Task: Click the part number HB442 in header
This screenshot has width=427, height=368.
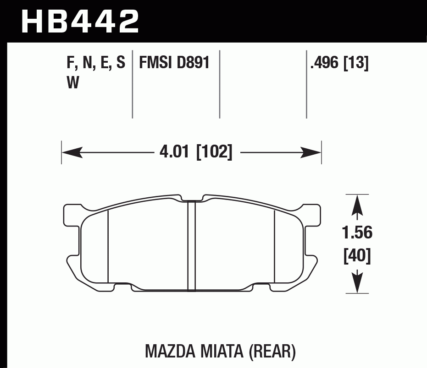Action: tap(80, 21)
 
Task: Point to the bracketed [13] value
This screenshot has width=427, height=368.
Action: tap(356, 62)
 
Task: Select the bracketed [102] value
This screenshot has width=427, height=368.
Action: tap(214, 152)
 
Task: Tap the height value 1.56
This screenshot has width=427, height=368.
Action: tap(357, 233)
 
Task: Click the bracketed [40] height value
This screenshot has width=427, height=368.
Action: tap(357, 256)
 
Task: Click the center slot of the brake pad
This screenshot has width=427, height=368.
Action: tap(192, 246)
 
